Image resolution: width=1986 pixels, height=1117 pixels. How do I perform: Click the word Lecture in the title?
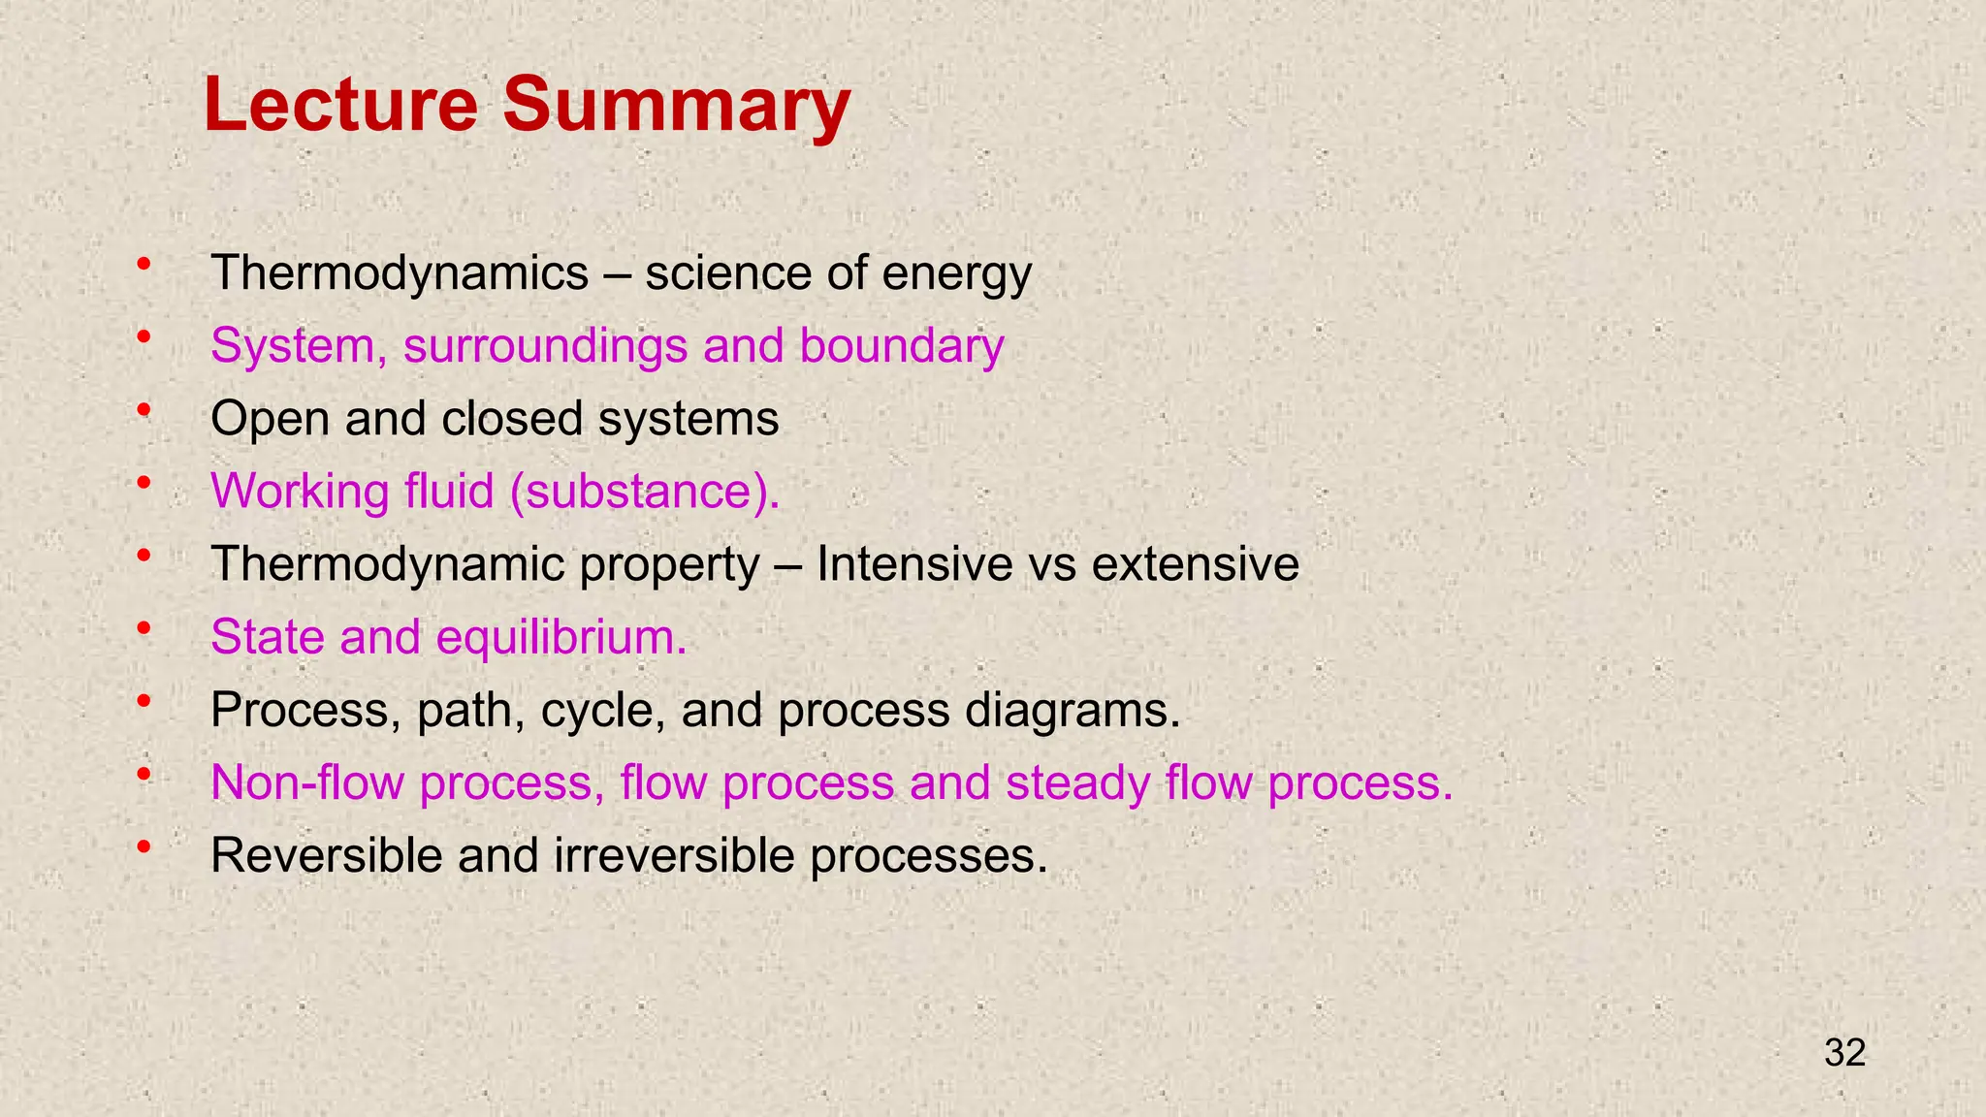click(340, 105)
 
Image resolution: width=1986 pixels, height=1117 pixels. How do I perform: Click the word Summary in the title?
click(676, 105)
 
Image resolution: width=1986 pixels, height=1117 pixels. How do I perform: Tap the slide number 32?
click(1844, 1053)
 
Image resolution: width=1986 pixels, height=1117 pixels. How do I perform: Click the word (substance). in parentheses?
click(645, 492)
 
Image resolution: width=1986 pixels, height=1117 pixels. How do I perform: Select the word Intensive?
click(913, 564)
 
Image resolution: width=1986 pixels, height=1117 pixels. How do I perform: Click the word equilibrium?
click(561, 637)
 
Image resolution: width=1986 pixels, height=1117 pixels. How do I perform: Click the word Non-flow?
click(306, 782)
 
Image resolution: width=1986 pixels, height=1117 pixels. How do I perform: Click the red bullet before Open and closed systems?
click(144, 410)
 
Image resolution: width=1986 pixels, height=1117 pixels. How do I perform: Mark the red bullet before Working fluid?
click(144, 483)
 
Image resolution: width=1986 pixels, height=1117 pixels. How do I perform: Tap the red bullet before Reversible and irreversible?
click(144, 846)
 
